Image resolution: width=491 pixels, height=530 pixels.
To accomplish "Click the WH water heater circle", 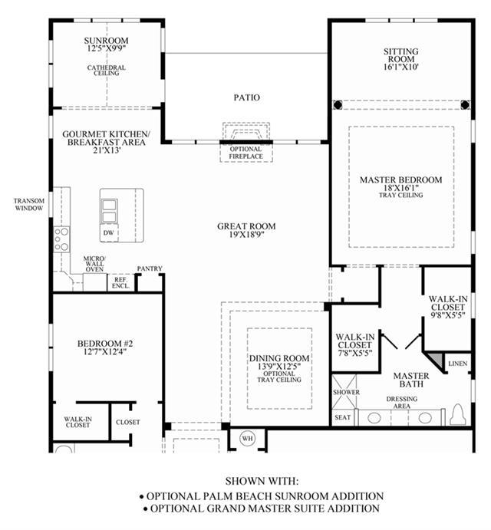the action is [248, 439].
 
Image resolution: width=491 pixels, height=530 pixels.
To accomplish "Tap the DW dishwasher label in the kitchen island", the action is [108, 233].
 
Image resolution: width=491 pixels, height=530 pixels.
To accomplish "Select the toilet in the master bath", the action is [458, 415].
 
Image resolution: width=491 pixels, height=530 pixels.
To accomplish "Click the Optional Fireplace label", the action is [245, 153].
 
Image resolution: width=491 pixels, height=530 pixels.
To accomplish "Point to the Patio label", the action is [247, 97].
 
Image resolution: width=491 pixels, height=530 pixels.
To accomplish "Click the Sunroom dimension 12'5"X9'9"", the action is [106, 48].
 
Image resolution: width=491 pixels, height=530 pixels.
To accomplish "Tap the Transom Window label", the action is [29, 205].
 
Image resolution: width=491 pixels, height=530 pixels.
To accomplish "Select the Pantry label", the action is [150, 268].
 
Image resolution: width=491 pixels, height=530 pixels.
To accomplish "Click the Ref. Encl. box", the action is [120, 282].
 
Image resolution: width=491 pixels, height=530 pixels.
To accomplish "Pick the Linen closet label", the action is [458, 364].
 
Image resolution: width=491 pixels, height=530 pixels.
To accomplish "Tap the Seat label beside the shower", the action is [343, 417].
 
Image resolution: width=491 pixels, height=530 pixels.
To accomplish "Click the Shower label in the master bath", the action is [346, 392].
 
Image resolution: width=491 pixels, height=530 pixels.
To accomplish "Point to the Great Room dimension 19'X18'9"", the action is [246, 235].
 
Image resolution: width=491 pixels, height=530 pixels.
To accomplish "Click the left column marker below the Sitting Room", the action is [338, 105].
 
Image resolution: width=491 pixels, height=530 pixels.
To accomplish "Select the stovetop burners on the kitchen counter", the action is [61, 239].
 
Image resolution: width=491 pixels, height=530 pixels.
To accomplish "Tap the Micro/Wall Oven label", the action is [94, 264].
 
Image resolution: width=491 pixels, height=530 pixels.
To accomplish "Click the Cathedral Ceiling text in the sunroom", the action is [106, 71].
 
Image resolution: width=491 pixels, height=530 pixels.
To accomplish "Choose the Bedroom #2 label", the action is [105, 344].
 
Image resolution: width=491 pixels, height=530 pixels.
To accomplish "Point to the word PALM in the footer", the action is [217, 496].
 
